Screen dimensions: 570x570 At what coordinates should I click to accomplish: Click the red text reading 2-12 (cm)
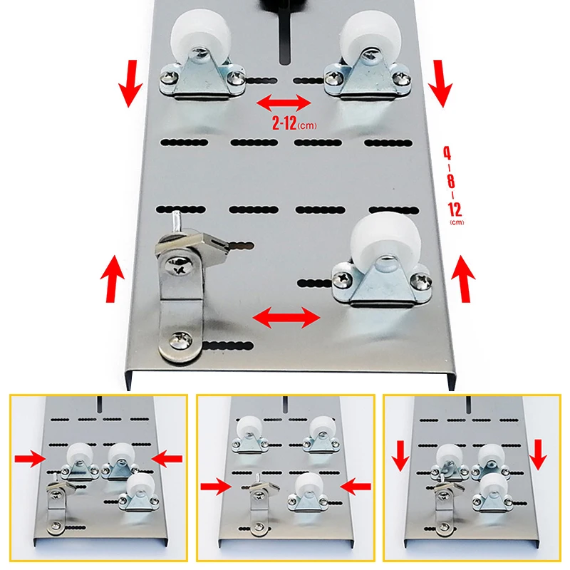point(294,123)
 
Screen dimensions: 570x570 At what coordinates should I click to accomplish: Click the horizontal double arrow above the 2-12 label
point(284,103)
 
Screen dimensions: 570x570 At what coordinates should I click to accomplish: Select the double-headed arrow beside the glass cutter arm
point(286,317)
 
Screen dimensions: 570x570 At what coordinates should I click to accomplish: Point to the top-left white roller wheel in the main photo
point(201,39)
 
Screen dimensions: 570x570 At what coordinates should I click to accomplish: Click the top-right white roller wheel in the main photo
point(371,38)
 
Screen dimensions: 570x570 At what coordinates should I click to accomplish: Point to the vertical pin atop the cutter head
point(176,222)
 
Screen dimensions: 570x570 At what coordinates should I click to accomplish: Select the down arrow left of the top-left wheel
point(130,83)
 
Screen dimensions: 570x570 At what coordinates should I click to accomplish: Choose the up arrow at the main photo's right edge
point(462,279)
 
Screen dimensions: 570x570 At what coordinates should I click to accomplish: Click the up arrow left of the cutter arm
point(113,279)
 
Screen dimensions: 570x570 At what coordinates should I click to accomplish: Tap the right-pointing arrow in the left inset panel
point(30,459)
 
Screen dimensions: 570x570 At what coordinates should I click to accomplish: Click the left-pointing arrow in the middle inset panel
point(356,487)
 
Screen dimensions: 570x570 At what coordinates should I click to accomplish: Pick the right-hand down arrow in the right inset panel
point(538,455)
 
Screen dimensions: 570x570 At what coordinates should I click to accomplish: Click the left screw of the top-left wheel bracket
point(169,77)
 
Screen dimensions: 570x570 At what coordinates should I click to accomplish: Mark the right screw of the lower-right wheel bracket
point(421,281)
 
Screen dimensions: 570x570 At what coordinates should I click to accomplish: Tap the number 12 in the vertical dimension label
point(455,209)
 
